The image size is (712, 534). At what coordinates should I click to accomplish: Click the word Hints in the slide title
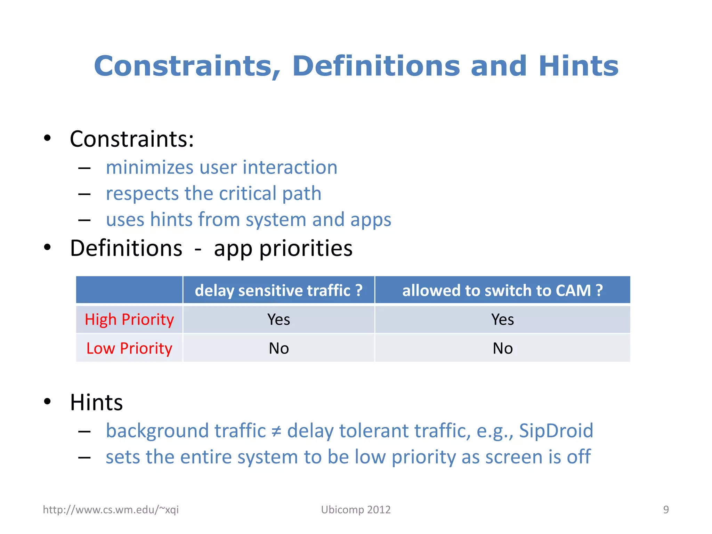[578, 66]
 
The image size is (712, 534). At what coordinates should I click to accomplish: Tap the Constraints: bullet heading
[132, 139]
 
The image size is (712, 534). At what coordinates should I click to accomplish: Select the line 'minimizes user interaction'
[221, 168]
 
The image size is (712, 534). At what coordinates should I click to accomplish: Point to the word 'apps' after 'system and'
[371, 220]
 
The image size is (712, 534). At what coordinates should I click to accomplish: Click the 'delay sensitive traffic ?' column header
[278, 291]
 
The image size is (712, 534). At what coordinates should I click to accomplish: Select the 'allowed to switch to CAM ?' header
[502, 291]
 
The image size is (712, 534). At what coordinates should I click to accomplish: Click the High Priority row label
[129, 319]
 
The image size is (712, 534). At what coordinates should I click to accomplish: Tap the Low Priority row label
[129, 348]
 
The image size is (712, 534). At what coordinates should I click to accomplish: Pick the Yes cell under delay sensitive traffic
[278, 319]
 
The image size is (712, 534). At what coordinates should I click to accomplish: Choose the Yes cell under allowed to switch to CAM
[502, 319]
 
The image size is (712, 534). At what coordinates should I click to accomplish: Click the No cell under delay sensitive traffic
[278, 348]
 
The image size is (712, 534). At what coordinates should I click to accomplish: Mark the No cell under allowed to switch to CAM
[502, 348]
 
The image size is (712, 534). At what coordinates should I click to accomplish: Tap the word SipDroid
[556, 431]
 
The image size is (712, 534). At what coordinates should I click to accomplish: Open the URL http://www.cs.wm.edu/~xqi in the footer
[111, 510]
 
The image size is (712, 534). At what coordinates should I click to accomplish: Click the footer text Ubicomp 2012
[356, 510]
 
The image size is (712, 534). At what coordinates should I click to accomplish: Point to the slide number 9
[666, 510]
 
